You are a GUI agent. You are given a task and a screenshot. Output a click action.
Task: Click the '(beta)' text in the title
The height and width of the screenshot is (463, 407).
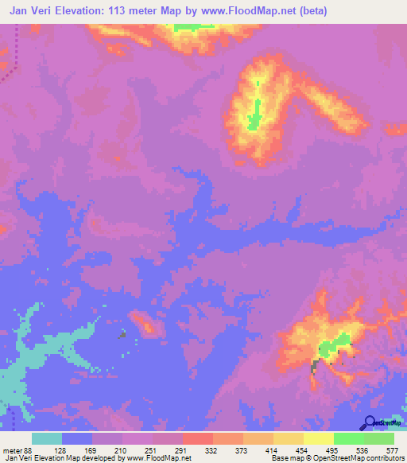[x=308, y=11]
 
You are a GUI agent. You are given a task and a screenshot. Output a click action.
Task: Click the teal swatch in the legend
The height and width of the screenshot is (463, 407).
[x=47, y=438]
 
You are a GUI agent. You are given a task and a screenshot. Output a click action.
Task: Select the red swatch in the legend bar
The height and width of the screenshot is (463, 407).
[x=198, y=438]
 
